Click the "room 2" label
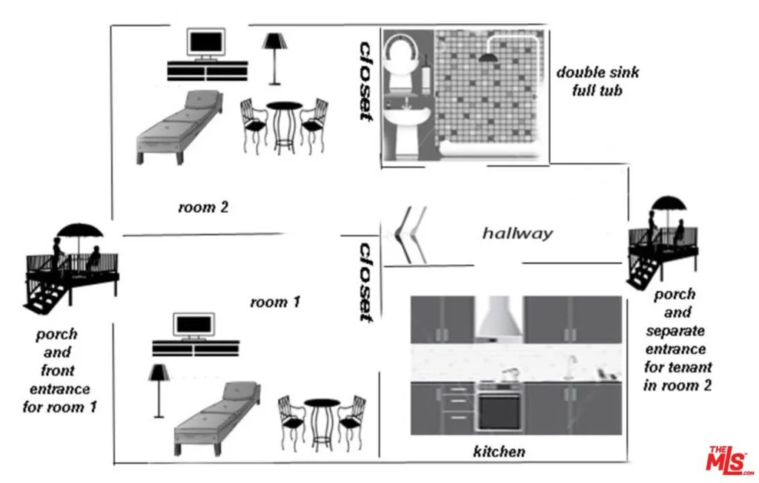[x=203, y=207]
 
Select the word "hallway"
[x=517, y=234]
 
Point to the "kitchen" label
[x=499, y=451]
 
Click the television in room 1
[x=193, y=326]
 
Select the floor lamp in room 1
[x=157, y=390]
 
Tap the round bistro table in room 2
[x=285, y=126]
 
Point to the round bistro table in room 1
[x=322, y=423]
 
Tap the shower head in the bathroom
[x=488, y=58]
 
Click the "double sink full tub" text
[x=597, y=81]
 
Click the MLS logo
[x=730, y=461]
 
